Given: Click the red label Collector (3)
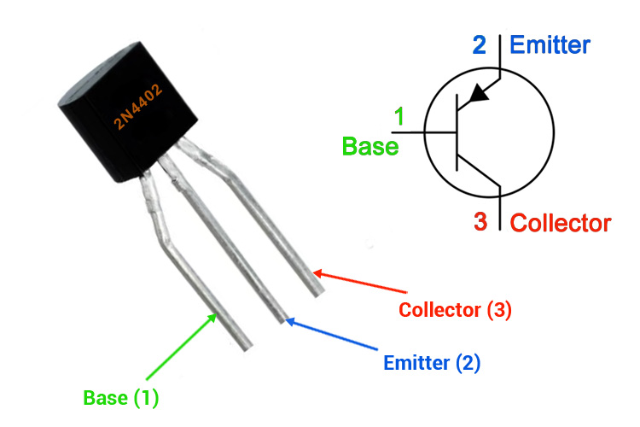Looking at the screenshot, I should (x=455, y=310).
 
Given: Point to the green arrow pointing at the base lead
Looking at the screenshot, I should (x=180, y=347).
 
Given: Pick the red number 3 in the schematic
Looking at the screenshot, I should (x=480, y=223).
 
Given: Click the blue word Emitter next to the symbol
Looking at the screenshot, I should (x=550, y=44).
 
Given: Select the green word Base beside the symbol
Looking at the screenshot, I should (x=370, y=146).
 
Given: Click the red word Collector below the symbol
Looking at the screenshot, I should (x=560, y=224).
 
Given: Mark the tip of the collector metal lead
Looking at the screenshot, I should (x=317, y=291).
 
